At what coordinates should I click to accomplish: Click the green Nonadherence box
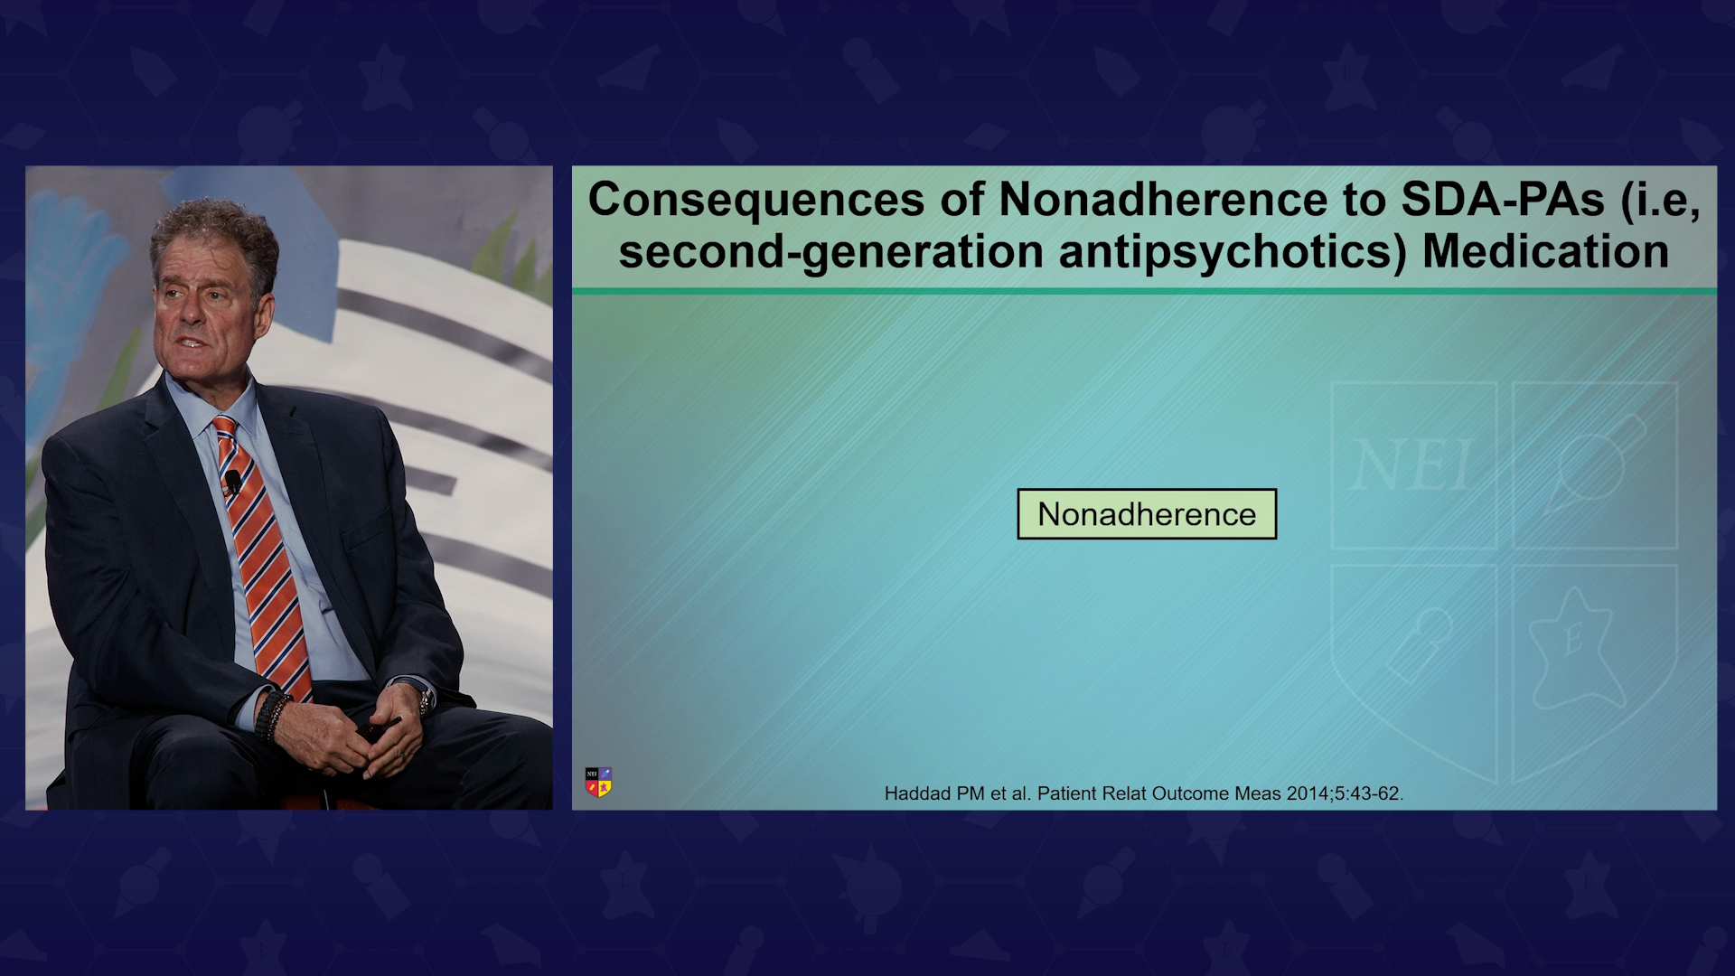[1147, 514]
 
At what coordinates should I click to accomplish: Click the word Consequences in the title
[756, 200]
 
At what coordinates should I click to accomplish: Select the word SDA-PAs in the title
[1503, 199]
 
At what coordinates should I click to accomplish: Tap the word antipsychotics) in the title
[1233, 252]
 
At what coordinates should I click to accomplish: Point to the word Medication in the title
[1546, 251]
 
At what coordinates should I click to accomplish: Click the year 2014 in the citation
[1308, 793]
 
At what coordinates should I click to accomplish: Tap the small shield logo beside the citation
[598, 782]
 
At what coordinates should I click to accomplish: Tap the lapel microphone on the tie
[233, 482]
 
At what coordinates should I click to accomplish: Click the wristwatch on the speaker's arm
[423, 699]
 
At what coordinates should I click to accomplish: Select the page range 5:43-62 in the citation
[1368, 793]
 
